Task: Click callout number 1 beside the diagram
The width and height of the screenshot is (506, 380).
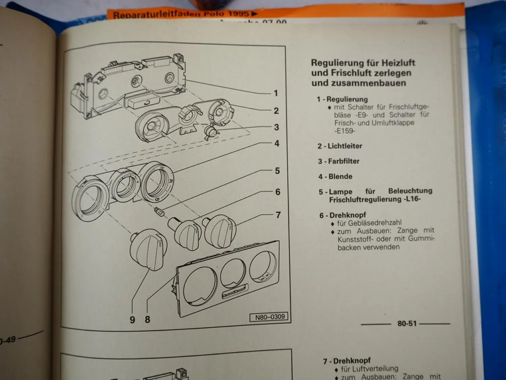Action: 276,93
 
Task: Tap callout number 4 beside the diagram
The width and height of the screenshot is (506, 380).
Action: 277,144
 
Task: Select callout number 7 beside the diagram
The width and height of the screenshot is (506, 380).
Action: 278,215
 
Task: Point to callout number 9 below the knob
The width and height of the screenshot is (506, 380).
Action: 132,320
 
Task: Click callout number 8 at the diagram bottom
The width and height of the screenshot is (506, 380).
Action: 147,319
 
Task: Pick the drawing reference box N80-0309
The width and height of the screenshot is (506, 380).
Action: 270,317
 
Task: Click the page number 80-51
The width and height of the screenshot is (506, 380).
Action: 407,324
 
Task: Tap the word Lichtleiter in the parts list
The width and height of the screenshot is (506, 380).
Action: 345,146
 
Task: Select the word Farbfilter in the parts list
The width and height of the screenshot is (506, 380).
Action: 344,161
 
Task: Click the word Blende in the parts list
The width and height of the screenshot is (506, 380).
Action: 340,176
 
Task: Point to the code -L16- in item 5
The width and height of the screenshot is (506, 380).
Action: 412,199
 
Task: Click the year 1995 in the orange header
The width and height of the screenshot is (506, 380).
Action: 238,14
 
